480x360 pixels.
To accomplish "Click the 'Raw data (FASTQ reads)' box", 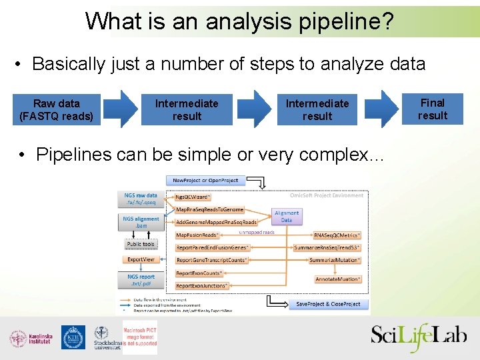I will tap(57, 109).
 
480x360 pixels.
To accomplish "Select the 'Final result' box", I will tap(432, 109).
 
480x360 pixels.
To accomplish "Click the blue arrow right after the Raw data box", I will tap(122, 109).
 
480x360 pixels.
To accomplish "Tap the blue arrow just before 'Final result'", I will tap(384, 109).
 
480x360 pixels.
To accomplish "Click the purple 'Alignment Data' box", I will tap(286, 216).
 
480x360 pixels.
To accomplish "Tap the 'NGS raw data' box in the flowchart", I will tap(141, 199).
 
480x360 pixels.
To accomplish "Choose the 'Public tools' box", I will tap(141, 244).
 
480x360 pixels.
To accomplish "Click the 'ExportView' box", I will tap(141, 259).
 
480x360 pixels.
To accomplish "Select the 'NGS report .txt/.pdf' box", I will tap(141, 280).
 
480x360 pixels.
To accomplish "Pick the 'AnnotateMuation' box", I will tap(338, 279).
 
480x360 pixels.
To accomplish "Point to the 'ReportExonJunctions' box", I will tap(201, 285).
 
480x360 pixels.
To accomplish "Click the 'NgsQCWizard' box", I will tap(193, 197).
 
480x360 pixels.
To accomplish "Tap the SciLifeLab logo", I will tap(419, 335).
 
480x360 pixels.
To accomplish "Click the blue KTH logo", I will tap(73, 337).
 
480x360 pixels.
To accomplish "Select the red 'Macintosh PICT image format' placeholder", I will tap(140, 337).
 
